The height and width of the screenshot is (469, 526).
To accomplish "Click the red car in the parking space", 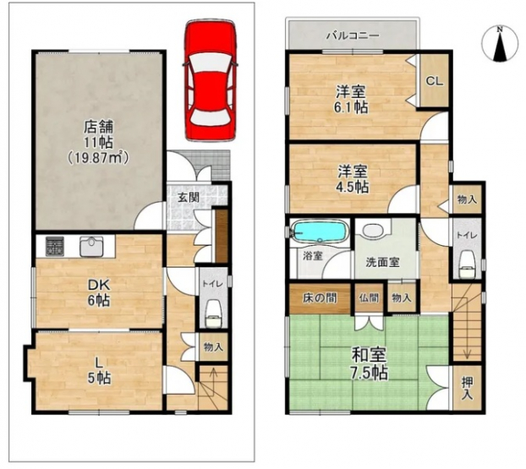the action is point(211,80).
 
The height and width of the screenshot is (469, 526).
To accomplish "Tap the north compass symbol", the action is point(499,44).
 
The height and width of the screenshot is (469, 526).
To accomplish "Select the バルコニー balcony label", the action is point(353,35).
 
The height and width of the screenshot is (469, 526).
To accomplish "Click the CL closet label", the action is point(435,81).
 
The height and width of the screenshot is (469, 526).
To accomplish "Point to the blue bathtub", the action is point(318,232).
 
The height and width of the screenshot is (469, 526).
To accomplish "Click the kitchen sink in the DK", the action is point(92,247).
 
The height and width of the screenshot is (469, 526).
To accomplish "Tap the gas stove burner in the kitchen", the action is point(55,247).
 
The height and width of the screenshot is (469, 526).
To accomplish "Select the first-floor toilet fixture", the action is point(211,313).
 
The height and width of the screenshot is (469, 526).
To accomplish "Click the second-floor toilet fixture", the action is point(466,264).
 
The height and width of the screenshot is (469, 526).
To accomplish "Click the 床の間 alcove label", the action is point(320,297).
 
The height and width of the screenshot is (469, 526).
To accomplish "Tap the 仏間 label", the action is point(369,297).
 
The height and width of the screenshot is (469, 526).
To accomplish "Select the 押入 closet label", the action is point(468,389).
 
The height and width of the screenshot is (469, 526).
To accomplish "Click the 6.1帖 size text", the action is point(351,107).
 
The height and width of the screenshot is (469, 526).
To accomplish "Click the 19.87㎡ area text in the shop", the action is point(98,157).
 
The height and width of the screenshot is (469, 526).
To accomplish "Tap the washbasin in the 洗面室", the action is point(371,231).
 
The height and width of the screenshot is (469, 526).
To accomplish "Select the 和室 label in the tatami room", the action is point(369,355).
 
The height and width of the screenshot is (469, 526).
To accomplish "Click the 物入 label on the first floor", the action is point(213,347).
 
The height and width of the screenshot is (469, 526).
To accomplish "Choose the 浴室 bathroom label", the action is point(312,256).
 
